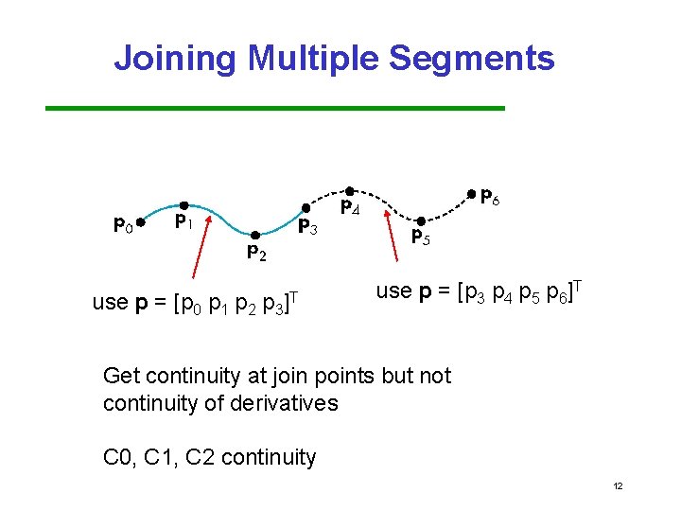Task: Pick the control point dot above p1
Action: [x=183, y=204]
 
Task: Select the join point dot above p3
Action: [x=306, y=206]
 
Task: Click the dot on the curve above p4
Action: [x=348, y=190]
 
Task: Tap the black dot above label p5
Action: [x=419, y=222]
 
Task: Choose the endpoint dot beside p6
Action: [x=472, y=194]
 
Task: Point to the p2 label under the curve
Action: [x=256, y=253]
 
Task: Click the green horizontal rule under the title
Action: [x=275, y=109]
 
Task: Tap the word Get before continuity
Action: [x=122, y=376]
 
